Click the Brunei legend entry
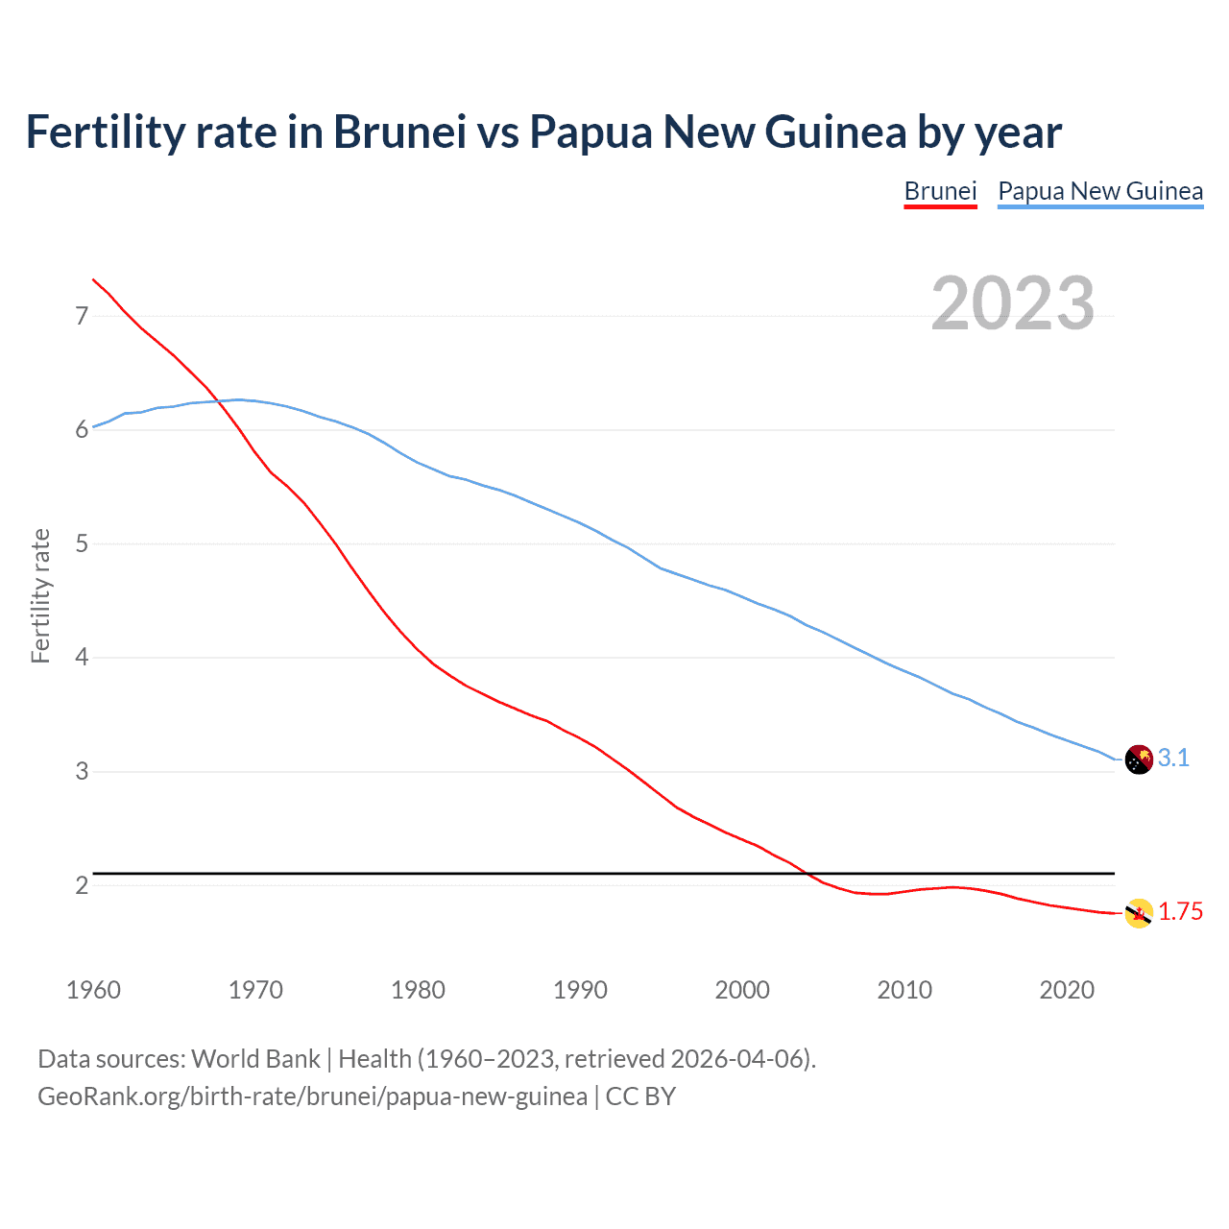[x=940, y=191]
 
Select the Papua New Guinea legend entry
[x=1100, y=191]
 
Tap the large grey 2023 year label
[x=1013, y=303]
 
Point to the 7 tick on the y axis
[x=82, y=316]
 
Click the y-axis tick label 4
[x=82, y=658]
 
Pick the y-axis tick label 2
[x=82, y=885]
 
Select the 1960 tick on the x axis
[x=93, y=990]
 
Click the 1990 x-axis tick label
[x=580, y=990]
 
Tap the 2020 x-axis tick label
[x=1067, y=990]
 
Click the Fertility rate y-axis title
[x=40, y=595]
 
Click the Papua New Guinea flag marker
[x=1138, y=759]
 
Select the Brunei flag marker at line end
[x=1138, y=913]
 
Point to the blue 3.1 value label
[x=1173, y=759]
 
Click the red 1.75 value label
[x=1180, y=912]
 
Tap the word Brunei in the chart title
[x=399, y=132]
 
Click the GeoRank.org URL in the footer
[x=312, y=1096]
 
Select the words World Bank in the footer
[x=255, y=1059]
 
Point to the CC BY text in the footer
[x=640, y=1096]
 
